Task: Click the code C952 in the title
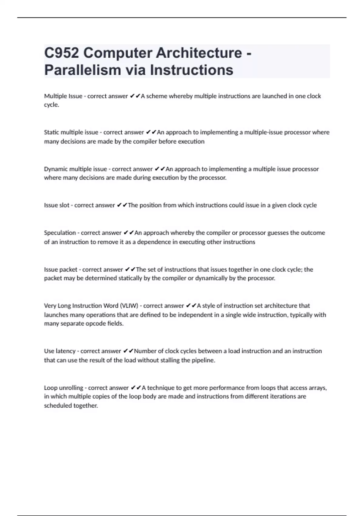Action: click(62, 53)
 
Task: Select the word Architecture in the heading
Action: click(199, 53)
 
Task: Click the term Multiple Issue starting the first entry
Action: click(63, 96)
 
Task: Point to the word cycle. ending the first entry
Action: click(52, 105)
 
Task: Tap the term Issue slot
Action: click(57, 205)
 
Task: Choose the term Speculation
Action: click(60, 233)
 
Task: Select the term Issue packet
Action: click(61, 270)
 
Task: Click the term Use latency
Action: click(60, 351)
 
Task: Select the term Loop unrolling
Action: click(63, 388)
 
